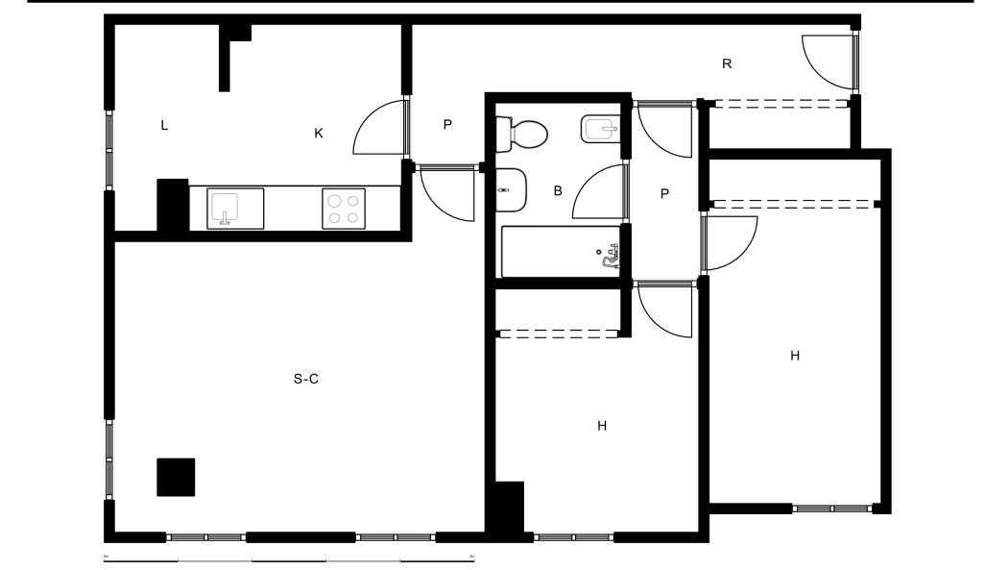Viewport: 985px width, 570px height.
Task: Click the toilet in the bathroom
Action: tap(521, 134)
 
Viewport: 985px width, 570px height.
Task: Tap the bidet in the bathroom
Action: tap(601, 129)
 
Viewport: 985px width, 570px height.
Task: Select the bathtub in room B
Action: tap(561, 252)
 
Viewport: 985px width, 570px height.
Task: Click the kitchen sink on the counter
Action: tap(235, 209)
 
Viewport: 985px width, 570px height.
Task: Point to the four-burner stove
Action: tap(344, 209)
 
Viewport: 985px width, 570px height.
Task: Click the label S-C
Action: tap(306, 379)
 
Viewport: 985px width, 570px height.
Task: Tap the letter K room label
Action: tap(319, 134)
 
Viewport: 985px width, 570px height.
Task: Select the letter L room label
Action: tap(164, 126)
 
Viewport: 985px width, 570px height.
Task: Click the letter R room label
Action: tap(727, 63)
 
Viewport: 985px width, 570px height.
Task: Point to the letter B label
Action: tap(558, 190)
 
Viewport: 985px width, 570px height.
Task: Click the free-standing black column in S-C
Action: tap(176, 477)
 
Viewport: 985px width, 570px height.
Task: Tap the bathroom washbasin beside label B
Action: tap(512, 190)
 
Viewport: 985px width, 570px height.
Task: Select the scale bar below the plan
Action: tap(289, 558)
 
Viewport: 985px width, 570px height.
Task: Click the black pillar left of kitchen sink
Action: tap(173, 205)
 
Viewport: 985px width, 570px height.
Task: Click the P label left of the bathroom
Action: tap(447, 125)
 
